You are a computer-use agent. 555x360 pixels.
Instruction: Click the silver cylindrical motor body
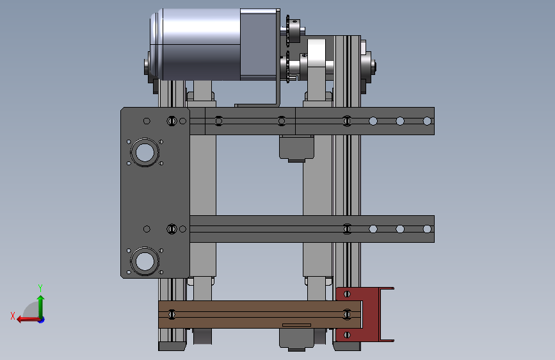tap(195, 44)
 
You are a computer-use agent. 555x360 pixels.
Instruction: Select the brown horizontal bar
tap(260, 315)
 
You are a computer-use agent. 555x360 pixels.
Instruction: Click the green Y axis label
tap(40, 288)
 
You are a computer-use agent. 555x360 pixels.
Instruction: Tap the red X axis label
tap(13, 316)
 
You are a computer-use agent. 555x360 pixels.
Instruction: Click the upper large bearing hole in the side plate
tap(145, 152)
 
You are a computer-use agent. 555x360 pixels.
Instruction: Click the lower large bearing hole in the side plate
tap(145, 261)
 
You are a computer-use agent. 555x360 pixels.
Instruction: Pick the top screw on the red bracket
tap(347, 294)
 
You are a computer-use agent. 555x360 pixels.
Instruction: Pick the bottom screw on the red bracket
tap(347, 335)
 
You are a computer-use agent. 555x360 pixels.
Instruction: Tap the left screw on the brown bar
tap(172, 315)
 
